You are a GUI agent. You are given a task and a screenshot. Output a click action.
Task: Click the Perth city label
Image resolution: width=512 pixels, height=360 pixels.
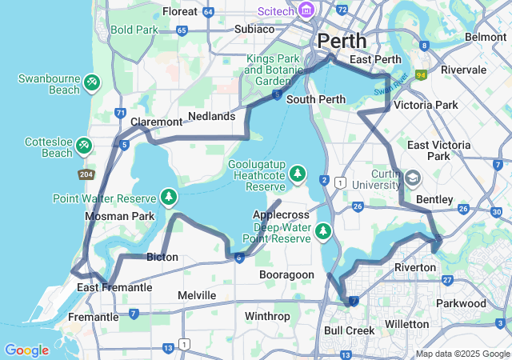(342, 41)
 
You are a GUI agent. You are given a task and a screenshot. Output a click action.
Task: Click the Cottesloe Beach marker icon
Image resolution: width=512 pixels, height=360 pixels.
(84, 146)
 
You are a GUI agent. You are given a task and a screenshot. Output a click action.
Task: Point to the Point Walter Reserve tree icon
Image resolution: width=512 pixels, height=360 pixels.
(168, 196)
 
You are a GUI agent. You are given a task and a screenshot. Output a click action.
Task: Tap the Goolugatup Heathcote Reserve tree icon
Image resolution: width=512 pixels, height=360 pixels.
(298, 173)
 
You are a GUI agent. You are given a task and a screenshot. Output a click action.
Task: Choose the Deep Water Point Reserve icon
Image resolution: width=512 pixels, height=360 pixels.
(322, 231)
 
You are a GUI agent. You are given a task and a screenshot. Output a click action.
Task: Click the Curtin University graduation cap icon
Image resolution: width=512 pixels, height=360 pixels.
(413, 177)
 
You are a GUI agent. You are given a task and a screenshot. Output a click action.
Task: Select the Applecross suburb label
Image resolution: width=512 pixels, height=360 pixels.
(281, 215)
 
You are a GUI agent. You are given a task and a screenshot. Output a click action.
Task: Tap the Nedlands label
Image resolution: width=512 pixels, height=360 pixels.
(212, 117)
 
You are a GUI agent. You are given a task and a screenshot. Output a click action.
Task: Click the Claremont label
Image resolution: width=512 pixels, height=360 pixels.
(156, 122)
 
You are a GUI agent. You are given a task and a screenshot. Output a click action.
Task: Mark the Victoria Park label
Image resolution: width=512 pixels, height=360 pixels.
(426, 105)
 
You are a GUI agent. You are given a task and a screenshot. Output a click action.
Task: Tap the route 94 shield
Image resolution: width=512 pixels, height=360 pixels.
(421, 75)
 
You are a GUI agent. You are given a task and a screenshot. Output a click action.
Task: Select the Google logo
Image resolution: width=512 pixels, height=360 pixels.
(26, 350)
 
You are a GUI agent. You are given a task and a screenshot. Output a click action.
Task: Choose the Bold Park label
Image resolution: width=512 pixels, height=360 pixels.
(134, 30)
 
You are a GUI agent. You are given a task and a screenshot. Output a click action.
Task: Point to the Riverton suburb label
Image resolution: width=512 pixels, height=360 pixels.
(415, 266)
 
